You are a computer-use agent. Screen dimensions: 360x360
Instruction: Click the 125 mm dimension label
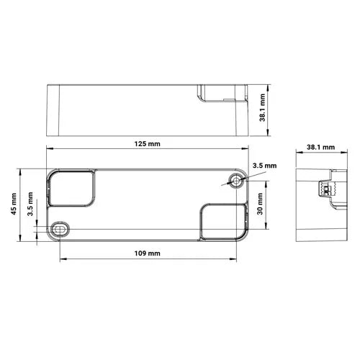click(147, 144)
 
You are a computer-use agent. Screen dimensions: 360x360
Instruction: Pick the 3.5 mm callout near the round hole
click(266, 166)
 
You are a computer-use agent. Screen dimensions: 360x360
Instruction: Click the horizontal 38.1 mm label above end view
click(320, 147)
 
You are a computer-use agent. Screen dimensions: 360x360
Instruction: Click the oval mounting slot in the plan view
click(59, 228)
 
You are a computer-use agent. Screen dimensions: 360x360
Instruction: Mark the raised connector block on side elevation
click(222, 94)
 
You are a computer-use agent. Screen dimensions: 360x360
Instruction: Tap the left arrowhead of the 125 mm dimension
click(48, 150)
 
